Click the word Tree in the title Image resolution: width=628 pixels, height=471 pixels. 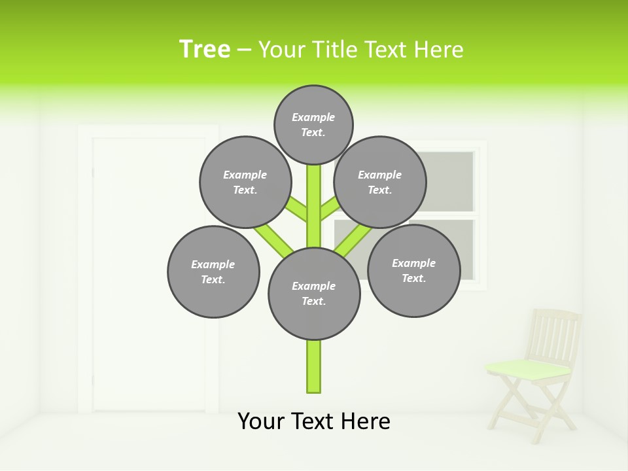point(205,49)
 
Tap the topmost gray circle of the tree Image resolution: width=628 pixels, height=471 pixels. point(313,124)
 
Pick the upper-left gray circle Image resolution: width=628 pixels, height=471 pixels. point(245,182)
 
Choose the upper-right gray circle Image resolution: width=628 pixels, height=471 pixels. point(380,182)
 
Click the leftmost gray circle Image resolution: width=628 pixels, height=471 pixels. point(213,271)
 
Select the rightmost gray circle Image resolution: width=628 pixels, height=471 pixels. point(413,270)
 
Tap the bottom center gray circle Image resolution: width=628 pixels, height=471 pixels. point(314,293)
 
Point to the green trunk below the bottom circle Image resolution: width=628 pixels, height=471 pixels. point(314,366)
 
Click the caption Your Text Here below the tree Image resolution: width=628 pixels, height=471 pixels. point(314,421)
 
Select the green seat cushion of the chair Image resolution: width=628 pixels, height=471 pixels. point(529,369)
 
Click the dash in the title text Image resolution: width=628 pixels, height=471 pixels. point(244,50)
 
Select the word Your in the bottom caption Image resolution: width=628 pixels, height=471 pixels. point(260,421)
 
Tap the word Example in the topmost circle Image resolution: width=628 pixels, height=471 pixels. point(313,117)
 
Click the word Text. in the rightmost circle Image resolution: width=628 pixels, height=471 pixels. point(413,278)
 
